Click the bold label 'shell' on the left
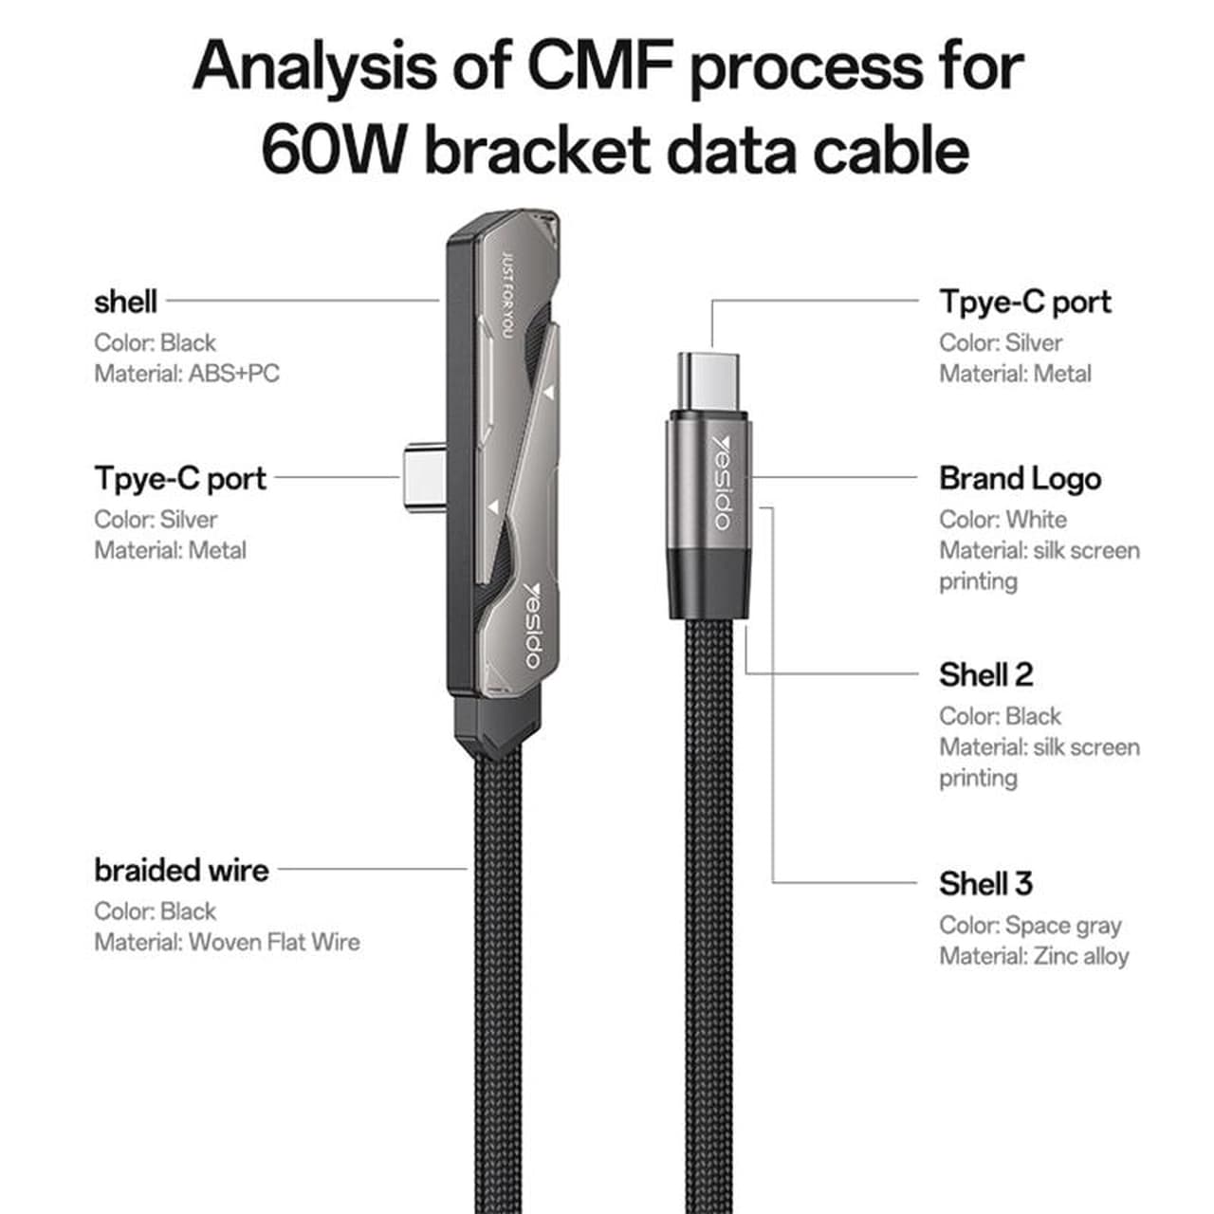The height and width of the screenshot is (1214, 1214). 125,302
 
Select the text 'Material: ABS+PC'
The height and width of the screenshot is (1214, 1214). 187,374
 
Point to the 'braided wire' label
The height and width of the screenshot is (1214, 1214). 181,870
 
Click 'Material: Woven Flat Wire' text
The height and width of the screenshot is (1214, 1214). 228,942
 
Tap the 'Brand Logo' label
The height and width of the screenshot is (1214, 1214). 1020,479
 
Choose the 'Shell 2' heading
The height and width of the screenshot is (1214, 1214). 986,674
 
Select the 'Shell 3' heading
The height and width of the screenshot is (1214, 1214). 986,883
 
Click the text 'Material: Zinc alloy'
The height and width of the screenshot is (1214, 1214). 1034,956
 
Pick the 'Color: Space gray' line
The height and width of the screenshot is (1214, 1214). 1030,926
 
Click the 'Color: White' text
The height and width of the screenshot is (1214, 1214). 1002,520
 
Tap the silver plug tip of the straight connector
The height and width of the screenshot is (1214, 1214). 708,380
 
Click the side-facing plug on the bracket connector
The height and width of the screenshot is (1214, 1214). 425,479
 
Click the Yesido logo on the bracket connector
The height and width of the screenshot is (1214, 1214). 533,624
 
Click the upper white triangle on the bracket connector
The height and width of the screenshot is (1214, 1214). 549,393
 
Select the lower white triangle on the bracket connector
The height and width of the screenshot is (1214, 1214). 493,506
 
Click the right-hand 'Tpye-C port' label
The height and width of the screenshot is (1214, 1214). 1025,303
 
